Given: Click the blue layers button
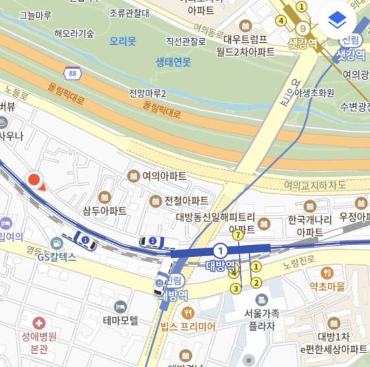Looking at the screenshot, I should pos(337,20).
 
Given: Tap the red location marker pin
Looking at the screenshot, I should pos(34,180).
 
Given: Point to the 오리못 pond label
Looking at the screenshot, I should pos(123,41).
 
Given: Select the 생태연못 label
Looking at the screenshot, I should pos(173,61).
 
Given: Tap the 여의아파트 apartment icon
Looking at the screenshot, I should pos(133,176).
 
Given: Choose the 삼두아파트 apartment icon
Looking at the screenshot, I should pos(104,196).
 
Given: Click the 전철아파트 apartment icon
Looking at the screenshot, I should pos(156,200).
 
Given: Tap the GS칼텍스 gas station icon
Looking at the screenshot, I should pos(57,244).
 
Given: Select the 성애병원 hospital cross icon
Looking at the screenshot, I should pos(39,323).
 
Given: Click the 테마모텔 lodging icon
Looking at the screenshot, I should pos(120,307).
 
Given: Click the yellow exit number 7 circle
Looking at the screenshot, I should pos(238,234).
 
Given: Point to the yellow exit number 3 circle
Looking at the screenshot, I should pos(234,288).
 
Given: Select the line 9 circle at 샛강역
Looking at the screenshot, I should pos(302,28).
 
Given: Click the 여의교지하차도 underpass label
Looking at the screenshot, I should pos(315,186).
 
